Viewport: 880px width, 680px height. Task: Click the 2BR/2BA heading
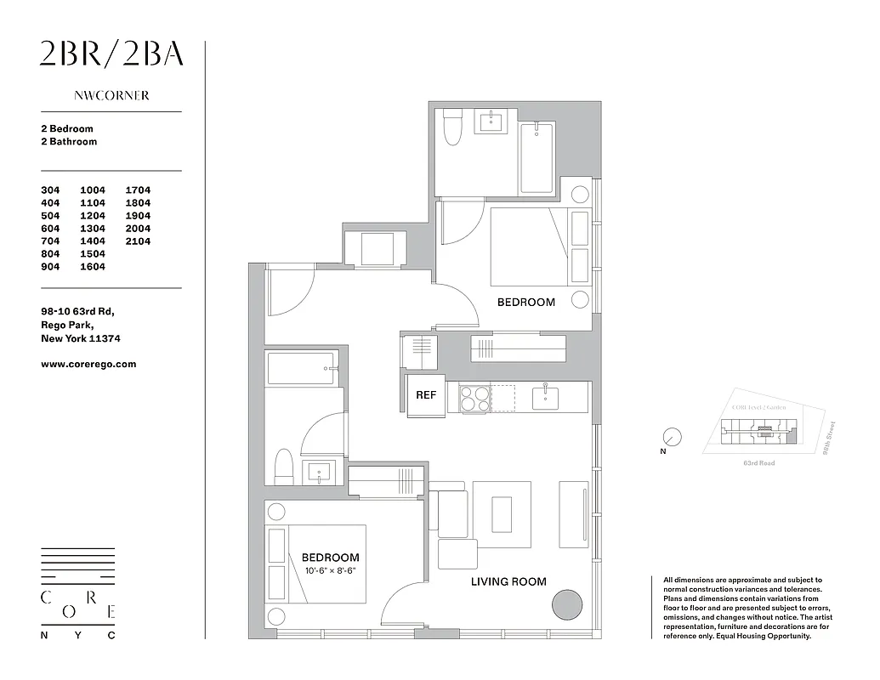[111, 54]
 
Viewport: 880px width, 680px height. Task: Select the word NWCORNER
[111, 96]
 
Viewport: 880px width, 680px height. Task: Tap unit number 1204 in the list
[93, 216]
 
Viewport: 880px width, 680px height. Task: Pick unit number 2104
[138, 241]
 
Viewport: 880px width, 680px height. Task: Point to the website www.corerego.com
[88, 364]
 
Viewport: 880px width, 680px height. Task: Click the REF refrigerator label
[425, 395]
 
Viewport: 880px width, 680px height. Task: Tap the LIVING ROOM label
[508, 581]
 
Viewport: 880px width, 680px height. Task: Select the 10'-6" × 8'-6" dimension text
[330, 571]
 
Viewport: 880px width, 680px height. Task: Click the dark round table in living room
[567, 606]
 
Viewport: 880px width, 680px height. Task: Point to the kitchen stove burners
[474, 398]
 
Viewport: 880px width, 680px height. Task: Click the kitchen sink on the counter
[543, 396]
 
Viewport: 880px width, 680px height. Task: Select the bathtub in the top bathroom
[537, 158]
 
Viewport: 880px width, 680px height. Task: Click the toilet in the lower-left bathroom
[283, 467]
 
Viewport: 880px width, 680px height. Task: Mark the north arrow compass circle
[673, 437]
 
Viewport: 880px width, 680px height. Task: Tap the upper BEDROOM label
[525, 302]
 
